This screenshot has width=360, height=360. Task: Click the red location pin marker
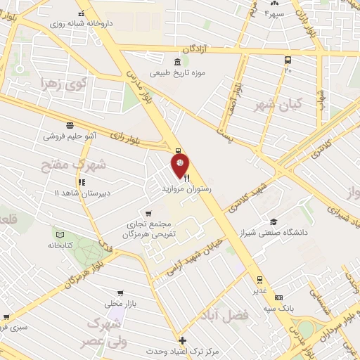point(179,166)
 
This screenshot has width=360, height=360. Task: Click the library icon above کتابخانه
point(60,234)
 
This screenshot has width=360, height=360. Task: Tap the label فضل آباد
point(229,314)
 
